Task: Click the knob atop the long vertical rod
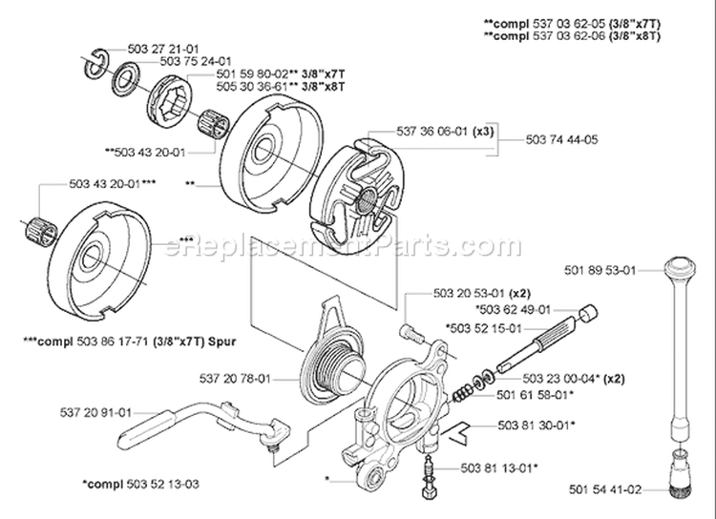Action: click(683, 268)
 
